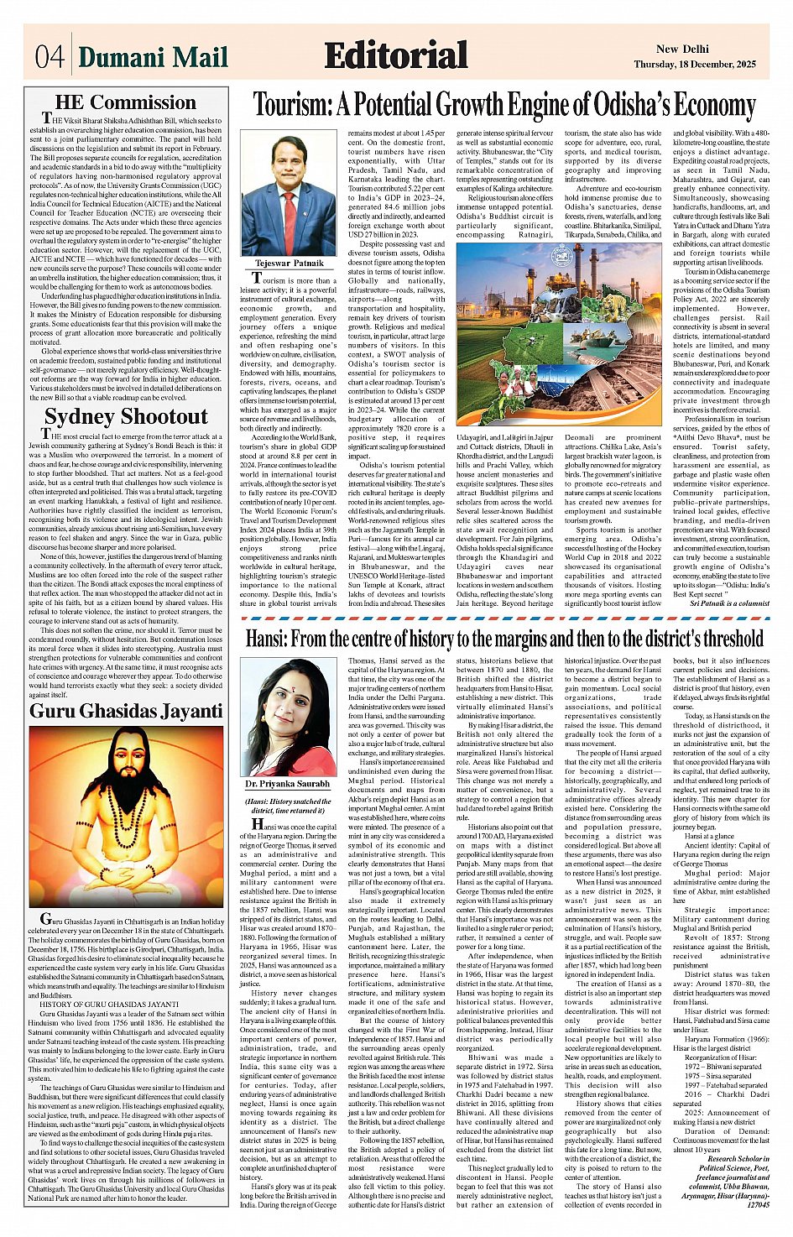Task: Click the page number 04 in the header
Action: click(x=49, y=57)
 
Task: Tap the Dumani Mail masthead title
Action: click(x=153, y=57)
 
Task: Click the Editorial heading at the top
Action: click(x=395, y=55)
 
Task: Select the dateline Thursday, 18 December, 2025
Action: click(x=695, y=65)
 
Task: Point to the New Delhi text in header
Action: click(x=682, y=50)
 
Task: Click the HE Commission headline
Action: click(x=125, y=102)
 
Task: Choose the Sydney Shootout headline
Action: click(x=126, y=416)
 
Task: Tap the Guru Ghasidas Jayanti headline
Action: click(x=126, y=711)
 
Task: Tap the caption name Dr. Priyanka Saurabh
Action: click(x=287, y=784)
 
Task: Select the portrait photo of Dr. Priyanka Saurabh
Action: click(x=287, y=718)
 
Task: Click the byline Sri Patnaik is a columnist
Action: click(x=729, y=603)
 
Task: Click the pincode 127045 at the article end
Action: click(x=758, y=1203)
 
